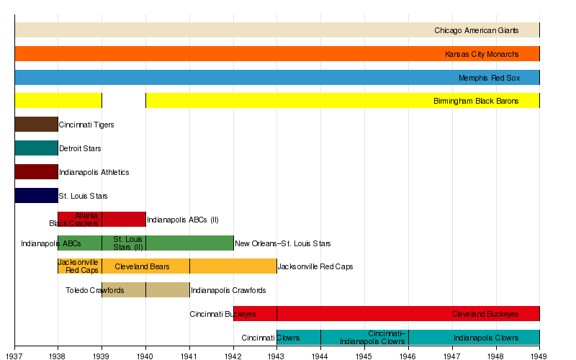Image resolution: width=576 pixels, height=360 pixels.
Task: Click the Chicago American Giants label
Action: tap(476, 31)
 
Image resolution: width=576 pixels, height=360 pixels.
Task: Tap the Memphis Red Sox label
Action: tap(488, 78)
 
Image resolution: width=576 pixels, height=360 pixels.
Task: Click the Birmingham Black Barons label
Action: tap(475, 102)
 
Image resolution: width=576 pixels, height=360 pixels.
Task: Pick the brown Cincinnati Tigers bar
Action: tap(36, 125)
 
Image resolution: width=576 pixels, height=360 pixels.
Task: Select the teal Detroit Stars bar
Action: tap(36, 148)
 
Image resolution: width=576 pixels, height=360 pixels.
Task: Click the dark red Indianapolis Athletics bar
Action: tap(36, 172)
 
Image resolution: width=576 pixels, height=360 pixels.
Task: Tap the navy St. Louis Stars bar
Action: tap(36, 196)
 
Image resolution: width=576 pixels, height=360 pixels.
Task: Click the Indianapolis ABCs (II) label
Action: tap(182, 220)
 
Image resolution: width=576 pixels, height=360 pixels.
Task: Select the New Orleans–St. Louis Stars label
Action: tap(283, 243)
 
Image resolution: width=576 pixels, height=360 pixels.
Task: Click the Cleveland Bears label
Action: tap(142, 267)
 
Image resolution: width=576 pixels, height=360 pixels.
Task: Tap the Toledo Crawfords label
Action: tap(95, 291)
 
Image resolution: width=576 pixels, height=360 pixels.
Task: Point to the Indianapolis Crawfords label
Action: tap(228, 291)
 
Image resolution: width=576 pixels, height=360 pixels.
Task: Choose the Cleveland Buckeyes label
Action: tap(485, 315)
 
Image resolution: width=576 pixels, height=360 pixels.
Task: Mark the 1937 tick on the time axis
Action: tap(14, 346)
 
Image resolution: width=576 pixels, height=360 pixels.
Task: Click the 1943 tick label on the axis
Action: tap(276, 355)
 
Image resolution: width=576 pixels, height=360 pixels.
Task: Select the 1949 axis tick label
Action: tap(539, 355)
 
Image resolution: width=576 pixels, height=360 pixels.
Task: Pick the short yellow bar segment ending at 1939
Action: tap(58, 102)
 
